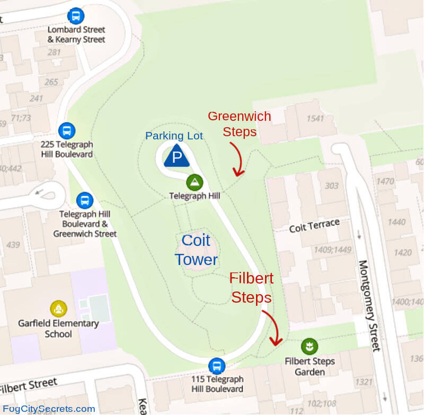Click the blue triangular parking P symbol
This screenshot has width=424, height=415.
(x=177, y=156)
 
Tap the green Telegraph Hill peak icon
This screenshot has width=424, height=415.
(x=195, y=183)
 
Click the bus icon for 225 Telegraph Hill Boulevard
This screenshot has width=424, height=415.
(x=66, y=130)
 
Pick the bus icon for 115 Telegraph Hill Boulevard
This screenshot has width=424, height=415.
(x=216, y=366)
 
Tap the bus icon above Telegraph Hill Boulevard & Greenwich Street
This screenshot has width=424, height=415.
(x=84, y=200)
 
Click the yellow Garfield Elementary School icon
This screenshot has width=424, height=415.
(x=58, y=308)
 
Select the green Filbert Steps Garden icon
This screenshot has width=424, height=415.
(x=309, y=347)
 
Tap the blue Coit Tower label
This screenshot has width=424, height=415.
(x=196, y=250)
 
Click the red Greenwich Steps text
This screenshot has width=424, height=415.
(x=239, y=123)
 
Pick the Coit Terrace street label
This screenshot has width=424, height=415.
(x=314, y=226)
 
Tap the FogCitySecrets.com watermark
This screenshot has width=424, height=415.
(x=48, y=409)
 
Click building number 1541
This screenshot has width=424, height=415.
(x=315, y=118)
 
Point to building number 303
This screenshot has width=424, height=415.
(x=331, y=186)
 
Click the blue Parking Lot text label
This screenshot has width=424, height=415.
(x=174, y=136)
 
